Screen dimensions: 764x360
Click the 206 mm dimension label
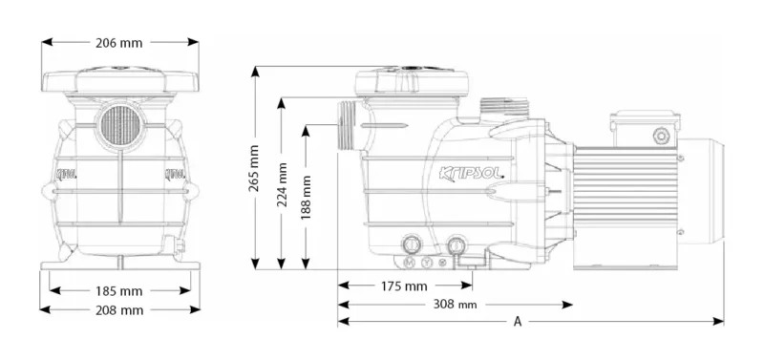[x=118, y=43]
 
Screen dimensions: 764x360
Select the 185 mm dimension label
[x=119, y=291]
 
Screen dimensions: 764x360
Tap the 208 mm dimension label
[x=119, y=310]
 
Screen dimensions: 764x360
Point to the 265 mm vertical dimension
[x=254, y=168]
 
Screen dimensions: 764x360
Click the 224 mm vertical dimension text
[x=282, y=184]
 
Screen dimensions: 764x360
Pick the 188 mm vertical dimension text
[x=306, y=198]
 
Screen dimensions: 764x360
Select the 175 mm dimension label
[x=404, y=286]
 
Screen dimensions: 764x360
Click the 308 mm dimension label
[x=456, y=305]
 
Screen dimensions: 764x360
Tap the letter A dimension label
[x=518, y=322]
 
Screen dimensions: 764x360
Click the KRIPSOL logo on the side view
[x=471, y=174]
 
